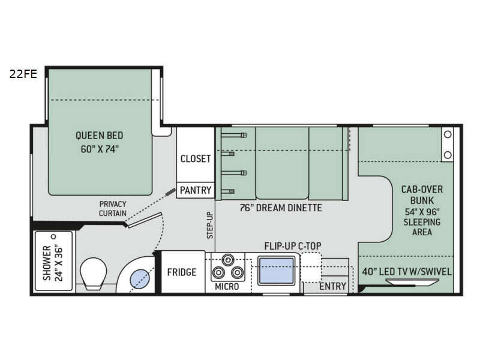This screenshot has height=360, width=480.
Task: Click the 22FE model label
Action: click(23, 74)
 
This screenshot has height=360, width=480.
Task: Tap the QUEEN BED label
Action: click(100, 136)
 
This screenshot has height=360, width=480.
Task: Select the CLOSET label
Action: click(196, 158)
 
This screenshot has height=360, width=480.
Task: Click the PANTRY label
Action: click(196, 190)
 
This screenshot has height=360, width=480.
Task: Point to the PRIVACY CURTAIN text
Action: click(113, 208)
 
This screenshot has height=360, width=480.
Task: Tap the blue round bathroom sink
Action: click(140, 278)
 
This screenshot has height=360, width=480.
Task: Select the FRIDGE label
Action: click(182, 272)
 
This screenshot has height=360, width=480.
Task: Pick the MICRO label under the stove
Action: click(227, 287)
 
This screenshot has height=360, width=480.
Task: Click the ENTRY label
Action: click(333, 286)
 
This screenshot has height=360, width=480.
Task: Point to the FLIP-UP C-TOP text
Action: click(293, 246)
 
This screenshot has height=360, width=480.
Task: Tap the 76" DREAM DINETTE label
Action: click(281, 208)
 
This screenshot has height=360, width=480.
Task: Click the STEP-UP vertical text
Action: click(210, 226)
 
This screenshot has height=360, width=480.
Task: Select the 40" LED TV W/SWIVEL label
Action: click(407, 272)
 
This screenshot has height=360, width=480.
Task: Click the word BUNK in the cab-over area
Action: click(422, 200)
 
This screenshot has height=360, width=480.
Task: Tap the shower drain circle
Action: click(54, 236)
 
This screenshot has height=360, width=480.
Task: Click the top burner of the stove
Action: click(228, 260)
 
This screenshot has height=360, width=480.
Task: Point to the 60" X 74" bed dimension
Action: click(100, 149)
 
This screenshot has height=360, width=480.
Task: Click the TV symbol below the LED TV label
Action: click(412, 281)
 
